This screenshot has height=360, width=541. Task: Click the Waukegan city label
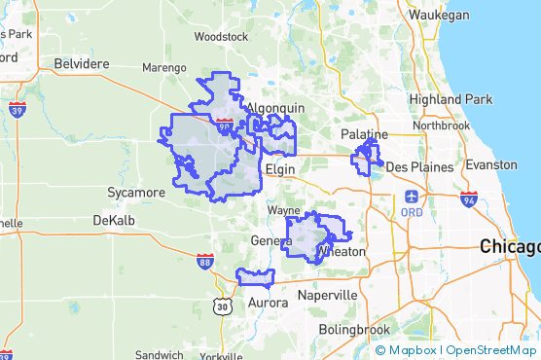tap(438, 16)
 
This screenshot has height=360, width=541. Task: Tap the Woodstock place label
tap(221, 37)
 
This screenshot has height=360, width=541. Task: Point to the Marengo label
tap(163, 68)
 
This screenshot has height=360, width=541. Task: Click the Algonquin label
tap(276, 108)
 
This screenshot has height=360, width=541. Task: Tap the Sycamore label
tap(135, 193)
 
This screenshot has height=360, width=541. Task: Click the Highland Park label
tap(451, 99)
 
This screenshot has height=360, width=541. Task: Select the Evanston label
tap(491, 165)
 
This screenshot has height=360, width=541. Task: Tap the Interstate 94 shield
tap(469, 200)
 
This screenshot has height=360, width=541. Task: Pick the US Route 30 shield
tap(224, 306)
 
